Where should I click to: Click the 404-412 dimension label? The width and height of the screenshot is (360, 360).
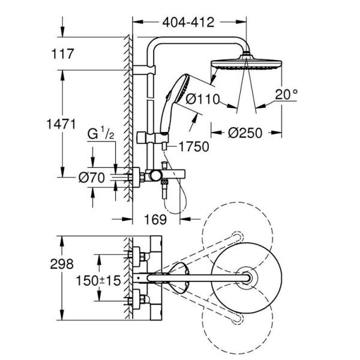tap(188, 23)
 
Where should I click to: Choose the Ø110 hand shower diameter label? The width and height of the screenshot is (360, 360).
tap(203, 99)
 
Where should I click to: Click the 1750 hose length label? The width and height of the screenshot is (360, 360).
tap(191, 145)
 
